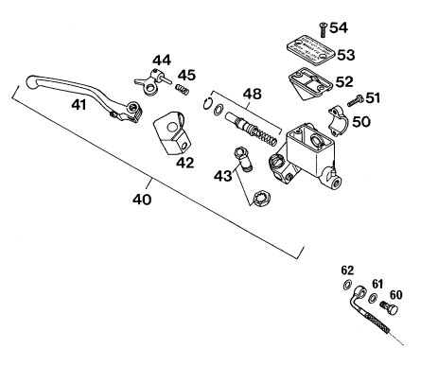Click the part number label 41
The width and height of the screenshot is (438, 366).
pyautogui.click(x=79, y=105)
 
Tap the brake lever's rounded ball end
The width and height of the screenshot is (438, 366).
pyautogui.click(x=31, y=81)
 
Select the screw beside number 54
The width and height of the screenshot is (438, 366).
pyautogui.click(x=324, y=30)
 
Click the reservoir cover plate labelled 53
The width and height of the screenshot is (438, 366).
pyautogui.click(x=310, y=50)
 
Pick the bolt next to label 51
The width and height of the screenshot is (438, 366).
pyautogui.click(x=356, y=101)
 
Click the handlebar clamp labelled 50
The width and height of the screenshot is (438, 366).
pyautogui.click(x=338, y=121)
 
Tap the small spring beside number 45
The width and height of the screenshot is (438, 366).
pyautogui.click(x=183, y=89)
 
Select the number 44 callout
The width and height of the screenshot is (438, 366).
pyautogui.click(x=162, y=60)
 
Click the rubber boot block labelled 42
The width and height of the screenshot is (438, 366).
pyautogui.click(x=172, y=132)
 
